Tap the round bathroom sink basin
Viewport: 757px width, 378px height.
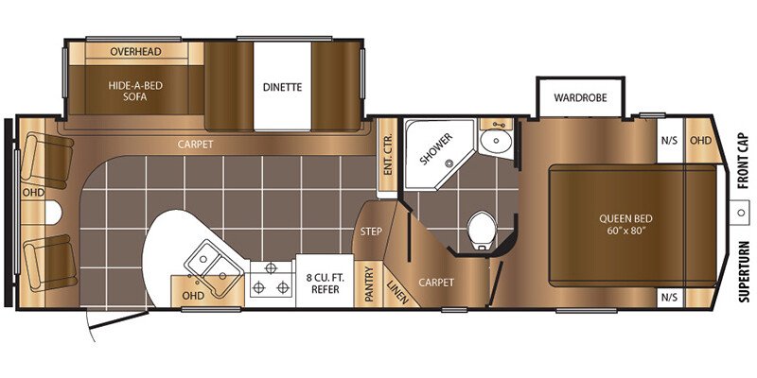[496, 142]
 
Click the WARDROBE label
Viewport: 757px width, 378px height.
[580, 97]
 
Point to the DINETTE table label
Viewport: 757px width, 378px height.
[282, 87]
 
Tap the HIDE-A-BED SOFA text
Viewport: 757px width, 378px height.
[135, 91]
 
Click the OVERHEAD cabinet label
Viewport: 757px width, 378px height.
[135, 51]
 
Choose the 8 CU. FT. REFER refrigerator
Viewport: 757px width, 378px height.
[325, 281]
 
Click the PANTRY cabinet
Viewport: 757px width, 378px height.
[369, 284]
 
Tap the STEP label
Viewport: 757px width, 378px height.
[371, 232]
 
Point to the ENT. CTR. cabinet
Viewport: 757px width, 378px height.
[387, 154]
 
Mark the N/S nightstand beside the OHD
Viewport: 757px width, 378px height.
[670, 140]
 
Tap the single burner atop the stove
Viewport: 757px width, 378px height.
[272, 267]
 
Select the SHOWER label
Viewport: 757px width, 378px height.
[436, 149]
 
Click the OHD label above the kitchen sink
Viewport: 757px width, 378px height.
[193, 295]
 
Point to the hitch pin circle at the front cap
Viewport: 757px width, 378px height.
[740, 212]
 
